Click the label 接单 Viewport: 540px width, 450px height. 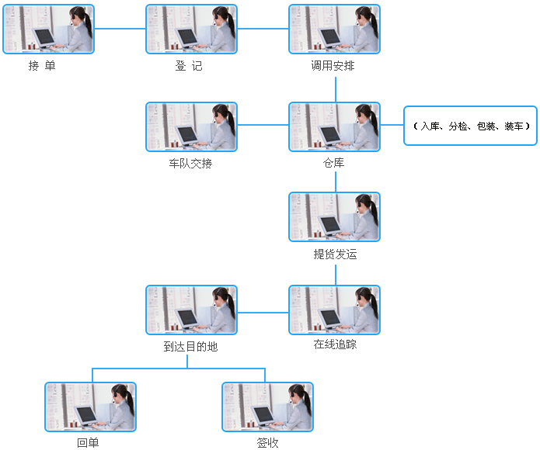[42, 67]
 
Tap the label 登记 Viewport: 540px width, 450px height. [189, 67]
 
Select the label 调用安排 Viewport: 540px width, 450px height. [333, 67]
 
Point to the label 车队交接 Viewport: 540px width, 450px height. [190, 164]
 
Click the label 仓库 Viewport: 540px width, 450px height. [334, 164]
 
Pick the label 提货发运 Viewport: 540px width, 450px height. [335, 254]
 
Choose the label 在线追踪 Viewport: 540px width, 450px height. [335, 344]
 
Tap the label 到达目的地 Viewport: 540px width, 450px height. [190, 347]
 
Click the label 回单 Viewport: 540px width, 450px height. [88, 443]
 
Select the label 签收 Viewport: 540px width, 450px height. [267, 443]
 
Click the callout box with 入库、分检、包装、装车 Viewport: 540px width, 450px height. [470, 126]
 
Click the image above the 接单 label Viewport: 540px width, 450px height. [48, 29]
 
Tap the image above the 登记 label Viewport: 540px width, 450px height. [191, 29]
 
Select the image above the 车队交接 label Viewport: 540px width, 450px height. [191, 126]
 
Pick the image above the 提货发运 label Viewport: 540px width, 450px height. [334, 216]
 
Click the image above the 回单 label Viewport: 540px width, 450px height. [90, 407]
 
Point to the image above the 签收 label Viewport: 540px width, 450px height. [267, 407]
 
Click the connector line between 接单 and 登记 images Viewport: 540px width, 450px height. [120, 29]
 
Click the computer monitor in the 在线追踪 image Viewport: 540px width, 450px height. [329, 317]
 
